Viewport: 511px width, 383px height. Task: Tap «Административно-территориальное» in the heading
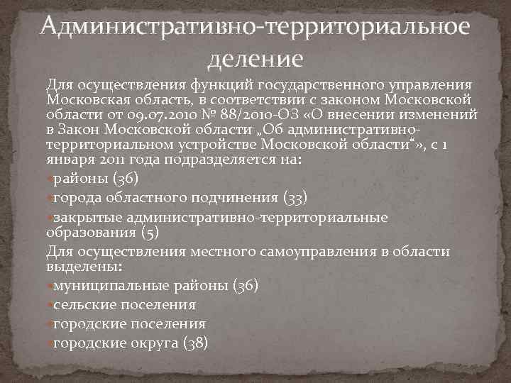point(255,26)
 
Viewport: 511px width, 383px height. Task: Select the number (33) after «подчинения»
point(295,198)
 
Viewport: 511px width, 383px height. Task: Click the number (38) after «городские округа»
point(196,343)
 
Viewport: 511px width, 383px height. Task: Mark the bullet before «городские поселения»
point(48,323)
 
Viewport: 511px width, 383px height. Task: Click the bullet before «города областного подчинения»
point(48,198)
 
